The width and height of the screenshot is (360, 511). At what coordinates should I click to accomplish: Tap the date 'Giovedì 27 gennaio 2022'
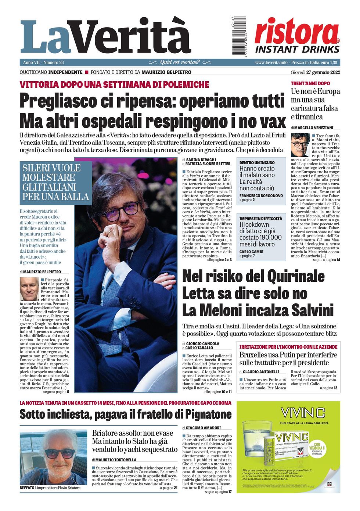315,72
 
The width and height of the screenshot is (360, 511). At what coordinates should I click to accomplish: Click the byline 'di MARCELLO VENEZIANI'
312,127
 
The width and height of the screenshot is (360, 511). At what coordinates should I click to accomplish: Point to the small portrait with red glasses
300,144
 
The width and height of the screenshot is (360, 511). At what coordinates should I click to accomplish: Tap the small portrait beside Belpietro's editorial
29,289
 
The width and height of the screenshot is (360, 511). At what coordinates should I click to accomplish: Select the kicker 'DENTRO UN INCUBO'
257,162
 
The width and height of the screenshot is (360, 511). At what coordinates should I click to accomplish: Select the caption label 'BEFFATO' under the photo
26,488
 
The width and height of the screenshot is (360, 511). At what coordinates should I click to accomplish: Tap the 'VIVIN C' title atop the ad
303,413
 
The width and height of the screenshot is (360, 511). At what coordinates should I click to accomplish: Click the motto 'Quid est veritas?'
180,62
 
